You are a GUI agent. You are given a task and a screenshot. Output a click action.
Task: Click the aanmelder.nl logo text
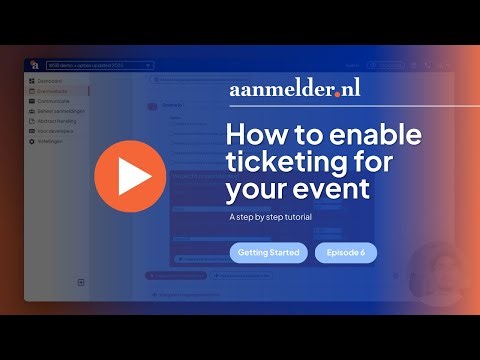(294, 89)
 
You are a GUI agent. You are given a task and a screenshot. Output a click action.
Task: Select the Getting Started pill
(268, 253)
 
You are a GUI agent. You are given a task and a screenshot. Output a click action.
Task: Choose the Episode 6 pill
(345, 253)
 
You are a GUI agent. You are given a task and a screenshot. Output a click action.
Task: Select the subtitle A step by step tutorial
(272, 215)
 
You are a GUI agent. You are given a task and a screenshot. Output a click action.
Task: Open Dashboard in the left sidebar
(49, 81)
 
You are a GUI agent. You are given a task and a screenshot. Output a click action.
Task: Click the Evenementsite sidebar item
(54, 91)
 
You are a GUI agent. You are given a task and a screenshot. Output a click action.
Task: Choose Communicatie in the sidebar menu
(54, 101)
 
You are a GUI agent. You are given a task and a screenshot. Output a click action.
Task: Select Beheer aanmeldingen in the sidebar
(60, 111)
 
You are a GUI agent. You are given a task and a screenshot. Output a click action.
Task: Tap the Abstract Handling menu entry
(58, 121)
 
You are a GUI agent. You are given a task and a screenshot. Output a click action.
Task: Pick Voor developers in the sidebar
(56, 131)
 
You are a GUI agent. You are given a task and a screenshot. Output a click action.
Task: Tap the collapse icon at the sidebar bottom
(81, 283)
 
